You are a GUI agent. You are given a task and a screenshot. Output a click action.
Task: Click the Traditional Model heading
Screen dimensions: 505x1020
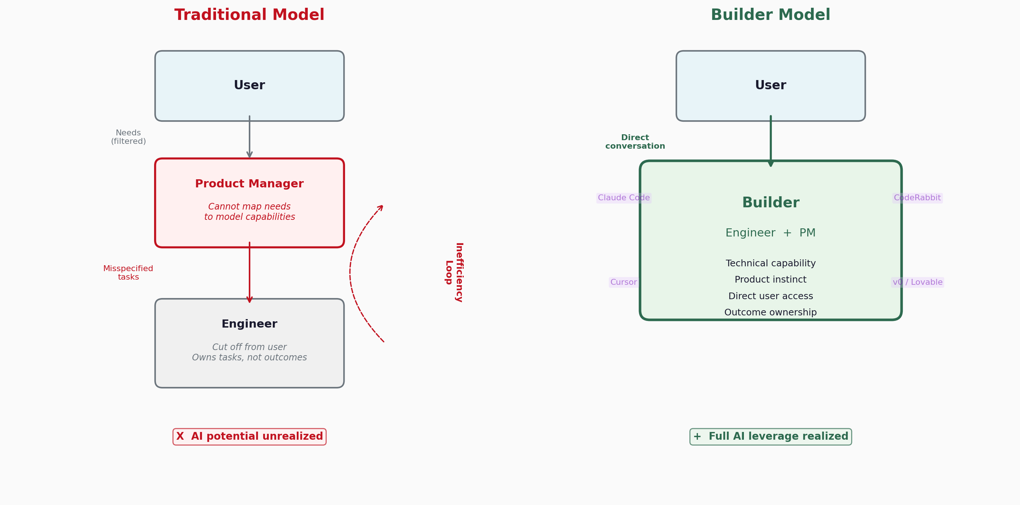point(249,15)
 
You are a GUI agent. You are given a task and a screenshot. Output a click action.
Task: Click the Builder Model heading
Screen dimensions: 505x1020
point(770,15)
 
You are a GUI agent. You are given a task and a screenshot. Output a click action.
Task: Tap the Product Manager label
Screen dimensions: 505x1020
point(250,184)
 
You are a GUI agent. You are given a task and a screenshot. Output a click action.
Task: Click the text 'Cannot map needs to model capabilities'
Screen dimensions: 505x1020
point(250,212)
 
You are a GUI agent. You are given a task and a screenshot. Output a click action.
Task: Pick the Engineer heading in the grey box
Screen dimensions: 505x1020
point(250,324)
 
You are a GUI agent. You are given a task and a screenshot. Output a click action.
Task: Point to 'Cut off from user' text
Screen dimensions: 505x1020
point(250,347)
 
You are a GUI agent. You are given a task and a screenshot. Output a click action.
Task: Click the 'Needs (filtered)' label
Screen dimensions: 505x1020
point(128,137)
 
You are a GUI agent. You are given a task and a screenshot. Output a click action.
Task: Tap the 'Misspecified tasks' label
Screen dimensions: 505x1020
point(128,273)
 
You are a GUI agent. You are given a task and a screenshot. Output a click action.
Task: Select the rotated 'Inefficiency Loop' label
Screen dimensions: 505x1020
point(454,273)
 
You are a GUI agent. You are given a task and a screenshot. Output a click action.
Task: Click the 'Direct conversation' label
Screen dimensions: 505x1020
point(635,142)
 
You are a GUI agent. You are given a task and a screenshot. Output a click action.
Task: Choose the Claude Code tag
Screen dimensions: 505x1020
point(624,198)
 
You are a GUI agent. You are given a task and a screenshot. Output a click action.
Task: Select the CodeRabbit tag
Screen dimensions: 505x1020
point(917,198)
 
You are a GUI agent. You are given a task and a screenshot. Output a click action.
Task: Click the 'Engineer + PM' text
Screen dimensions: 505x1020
point(770,233)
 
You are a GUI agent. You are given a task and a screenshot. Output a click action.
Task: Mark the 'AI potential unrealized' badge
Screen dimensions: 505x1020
point(250,436)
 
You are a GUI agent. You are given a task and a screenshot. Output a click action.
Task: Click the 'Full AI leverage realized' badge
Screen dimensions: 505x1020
point(770,436)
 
